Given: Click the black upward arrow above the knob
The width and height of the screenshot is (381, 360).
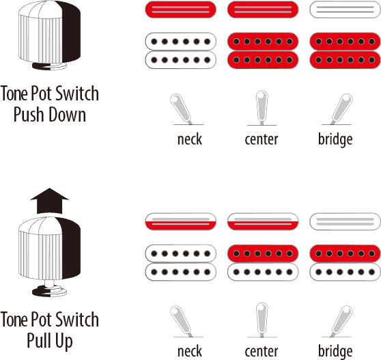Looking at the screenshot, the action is pos(50,201).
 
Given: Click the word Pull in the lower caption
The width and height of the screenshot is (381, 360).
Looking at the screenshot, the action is pos(38,340).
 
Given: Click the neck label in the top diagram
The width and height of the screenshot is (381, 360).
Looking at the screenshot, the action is pos(190,139).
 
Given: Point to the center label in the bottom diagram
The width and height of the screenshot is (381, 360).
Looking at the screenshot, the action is pos(262,351).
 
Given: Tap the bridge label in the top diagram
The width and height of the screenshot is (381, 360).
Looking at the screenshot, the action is pos(335,140).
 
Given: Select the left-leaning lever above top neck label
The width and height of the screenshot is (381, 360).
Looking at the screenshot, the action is pos(181,109).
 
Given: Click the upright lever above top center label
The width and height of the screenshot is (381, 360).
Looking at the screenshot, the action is pos(262,108).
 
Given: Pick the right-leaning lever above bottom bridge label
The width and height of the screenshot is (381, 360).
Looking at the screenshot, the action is pos(341,321).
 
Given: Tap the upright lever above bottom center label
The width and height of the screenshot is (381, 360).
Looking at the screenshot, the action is pos(262,320).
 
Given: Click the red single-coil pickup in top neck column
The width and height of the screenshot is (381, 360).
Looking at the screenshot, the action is pos(180,10).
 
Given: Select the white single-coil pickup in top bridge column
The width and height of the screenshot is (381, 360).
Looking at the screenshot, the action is pos(345,10).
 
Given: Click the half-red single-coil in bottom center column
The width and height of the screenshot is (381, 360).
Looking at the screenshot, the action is pos(263,221).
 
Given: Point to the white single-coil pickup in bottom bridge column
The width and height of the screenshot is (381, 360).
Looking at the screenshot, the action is pos(345,221).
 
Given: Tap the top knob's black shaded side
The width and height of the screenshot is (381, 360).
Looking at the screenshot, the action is pos(70,31).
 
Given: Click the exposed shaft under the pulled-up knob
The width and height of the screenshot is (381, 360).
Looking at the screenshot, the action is pos(50,283).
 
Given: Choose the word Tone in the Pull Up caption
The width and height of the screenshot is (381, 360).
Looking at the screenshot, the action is pos(14,320).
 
